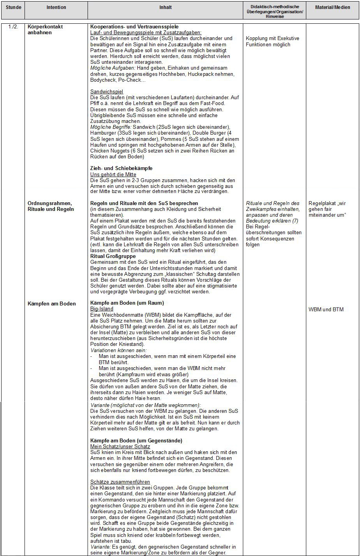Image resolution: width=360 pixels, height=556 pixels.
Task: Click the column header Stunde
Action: coord(13,7)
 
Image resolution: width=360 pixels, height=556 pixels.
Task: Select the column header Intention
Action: coord(56,7)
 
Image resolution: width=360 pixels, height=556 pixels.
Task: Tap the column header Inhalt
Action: coord(165,7)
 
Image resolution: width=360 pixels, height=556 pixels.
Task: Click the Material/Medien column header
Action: coord(332,7)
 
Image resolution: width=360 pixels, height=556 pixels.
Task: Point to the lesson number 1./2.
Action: coord(13,27)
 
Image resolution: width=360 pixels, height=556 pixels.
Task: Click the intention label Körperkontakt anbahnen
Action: coord(45,30)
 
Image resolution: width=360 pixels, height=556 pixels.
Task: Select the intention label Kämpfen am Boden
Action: coord(51,303)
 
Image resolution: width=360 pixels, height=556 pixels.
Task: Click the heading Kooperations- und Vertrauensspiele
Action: coord(134,27)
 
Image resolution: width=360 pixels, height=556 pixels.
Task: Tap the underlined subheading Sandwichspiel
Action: coord(106,91)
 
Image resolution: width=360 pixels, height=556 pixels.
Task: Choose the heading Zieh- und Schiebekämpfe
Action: coord(121,168)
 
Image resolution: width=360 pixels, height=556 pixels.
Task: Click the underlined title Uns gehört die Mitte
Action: coord(113,174)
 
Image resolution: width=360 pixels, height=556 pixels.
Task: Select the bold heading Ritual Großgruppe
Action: coord(113,256)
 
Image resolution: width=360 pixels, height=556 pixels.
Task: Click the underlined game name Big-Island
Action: coord(102,309)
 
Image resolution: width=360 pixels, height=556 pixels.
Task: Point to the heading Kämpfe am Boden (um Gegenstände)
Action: coord(136,440)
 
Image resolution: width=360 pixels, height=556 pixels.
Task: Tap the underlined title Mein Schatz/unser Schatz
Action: coord(120,446)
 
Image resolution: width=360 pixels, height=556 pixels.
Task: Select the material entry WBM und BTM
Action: coord(326,309)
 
